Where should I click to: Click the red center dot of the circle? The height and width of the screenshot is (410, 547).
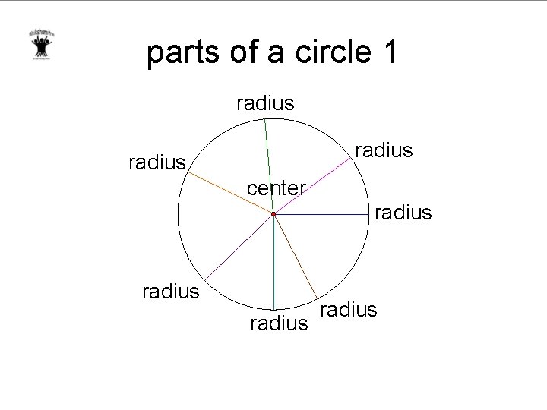tap(273, 216)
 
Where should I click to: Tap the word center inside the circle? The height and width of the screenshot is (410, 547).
tap(277, 188)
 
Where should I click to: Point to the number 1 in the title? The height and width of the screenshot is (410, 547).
tap(386, 53)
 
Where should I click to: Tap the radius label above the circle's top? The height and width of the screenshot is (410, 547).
tap(265, 102)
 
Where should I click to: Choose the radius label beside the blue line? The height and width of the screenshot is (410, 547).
tap(403, 212)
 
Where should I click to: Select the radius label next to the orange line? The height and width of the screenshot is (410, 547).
tap(157, 161)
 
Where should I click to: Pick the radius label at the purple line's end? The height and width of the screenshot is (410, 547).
tap(171, 292)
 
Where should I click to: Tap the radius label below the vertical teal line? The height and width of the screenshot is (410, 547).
tap(279, 325)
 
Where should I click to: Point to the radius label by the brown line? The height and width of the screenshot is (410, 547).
tap(349, 309)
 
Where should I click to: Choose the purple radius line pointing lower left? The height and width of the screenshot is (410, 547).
tap(239, 246)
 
